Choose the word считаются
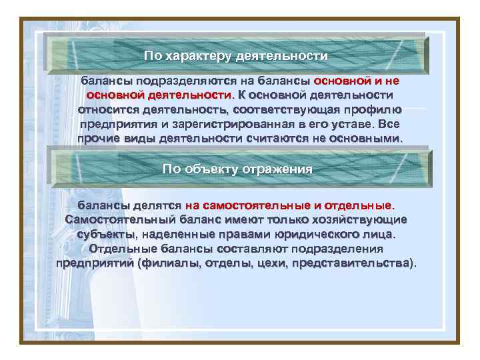point(289,138)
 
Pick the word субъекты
point(105,234)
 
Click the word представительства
point(356,263)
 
